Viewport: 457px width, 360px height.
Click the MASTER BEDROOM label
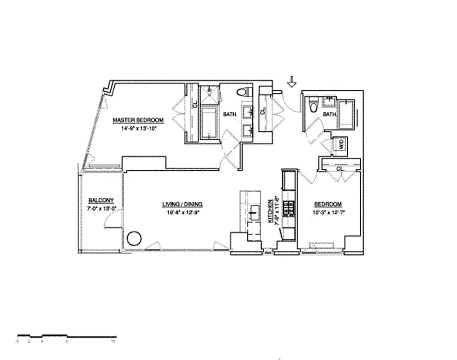point(138,120)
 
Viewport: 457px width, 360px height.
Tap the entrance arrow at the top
point(292,81)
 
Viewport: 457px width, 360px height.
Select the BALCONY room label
point(101,201)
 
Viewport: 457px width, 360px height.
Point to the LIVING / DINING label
point(182,204)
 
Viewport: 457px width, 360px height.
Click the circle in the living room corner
point(134,238)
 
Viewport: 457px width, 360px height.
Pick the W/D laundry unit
point(341,145)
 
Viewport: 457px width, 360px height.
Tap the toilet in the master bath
point(244,93)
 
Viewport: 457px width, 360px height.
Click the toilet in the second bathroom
point(314,106)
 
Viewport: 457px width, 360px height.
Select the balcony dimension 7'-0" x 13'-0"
point(101,208)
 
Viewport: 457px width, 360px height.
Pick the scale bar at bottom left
point(67,336)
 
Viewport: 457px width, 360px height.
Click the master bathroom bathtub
point(208,122)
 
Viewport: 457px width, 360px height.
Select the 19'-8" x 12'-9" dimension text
point(182,212)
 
